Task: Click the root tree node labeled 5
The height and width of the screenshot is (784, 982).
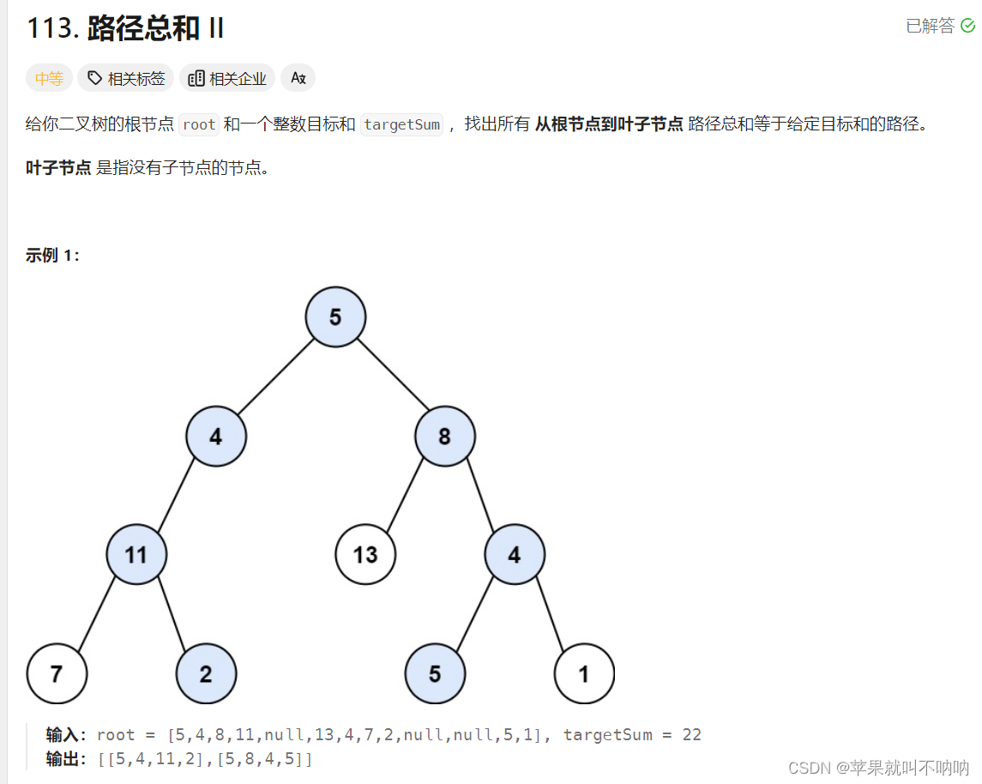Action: tap(335, 317)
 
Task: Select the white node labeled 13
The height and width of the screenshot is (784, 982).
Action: tap(365, 555)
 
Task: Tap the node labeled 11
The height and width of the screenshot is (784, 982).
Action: tap(136, 555)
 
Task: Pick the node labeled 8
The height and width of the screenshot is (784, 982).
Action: tap(444, 437)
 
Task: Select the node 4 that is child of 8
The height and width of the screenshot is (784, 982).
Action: tap(514, 555)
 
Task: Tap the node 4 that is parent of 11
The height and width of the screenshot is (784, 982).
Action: tap(216, 437)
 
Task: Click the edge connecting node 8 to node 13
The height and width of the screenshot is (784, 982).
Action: tap(406, 496)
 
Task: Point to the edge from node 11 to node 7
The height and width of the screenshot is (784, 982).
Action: tap(97, 614)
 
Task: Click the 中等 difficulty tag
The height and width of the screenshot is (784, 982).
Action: tap(49, 79)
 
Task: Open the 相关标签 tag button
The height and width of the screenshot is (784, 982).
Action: tap(126, 79)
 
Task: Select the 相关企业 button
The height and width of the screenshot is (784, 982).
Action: tap(227, 79)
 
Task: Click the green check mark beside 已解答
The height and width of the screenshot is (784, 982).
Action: tap(967, 26)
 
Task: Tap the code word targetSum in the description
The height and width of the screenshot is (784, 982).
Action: tap(401, 124)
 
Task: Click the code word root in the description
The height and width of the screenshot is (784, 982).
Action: tap(199, 124)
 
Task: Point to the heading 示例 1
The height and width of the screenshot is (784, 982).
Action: tap(52, 255)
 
